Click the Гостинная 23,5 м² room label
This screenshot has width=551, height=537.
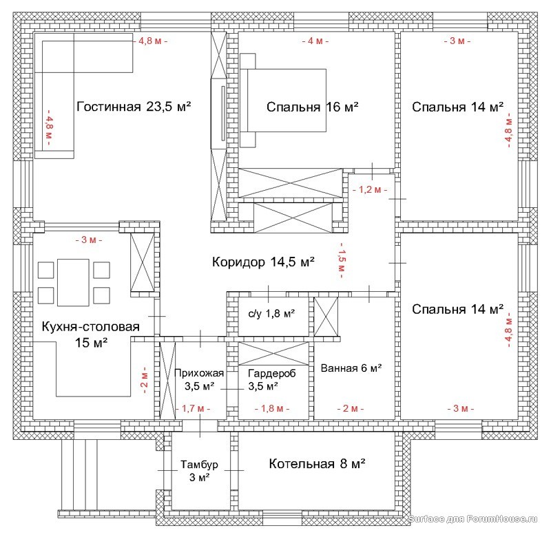click(x=134, y=107)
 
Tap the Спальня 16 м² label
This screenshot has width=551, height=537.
click(x=313, y=107)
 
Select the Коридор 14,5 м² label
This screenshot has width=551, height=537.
click(x=263, y=262)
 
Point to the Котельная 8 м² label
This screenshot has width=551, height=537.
click(x=317, y=464)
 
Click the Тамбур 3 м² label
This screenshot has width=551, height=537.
click(x=199, y=471)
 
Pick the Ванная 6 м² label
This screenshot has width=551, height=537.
click(x=351, y=368)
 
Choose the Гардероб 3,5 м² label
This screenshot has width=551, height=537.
click(x=271, y=379)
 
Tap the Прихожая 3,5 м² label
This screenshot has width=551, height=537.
click(x=199, y=379)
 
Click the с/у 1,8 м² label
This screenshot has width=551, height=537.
click(x=271, y=314)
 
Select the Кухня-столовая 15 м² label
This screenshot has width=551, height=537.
click(x=91, y=335)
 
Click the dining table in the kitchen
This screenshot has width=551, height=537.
click(x=73, y=282)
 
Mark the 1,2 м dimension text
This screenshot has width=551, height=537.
click(x=370, y=190)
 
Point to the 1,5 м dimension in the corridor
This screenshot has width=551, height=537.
click(x=342, y=260)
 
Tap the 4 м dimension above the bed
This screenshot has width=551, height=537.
click(x=315, y=41)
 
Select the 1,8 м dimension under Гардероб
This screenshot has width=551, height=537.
click(x=272, y=409)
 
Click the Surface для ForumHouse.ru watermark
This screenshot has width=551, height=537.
click(x=472, y=518)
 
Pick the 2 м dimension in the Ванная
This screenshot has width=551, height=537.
click(x=351, y=409)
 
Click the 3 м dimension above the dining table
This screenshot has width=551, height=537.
click(x=89, y=240)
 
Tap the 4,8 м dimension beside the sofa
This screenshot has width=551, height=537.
click(x=49, y=127)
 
